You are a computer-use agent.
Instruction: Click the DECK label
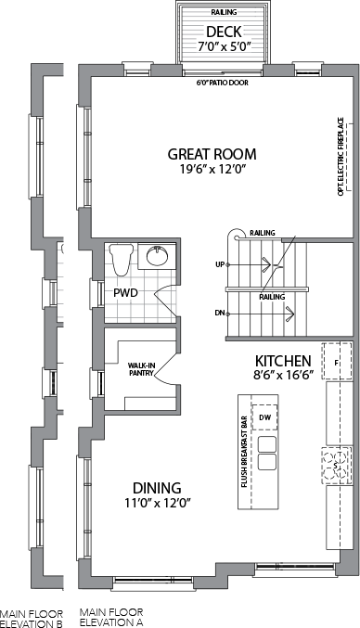(224, 32)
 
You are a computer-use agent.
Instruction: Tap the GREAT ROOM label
(212, 154)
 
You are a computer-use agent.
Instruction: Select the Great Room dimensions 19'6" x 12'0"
(212, 170)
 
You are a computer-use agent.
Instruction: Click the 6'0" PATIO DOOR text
(223, 83)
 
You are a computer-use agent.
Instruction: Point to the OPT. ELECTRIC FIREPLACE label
(341, 156)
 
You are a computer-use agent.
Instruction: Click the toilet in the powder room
(121, 259)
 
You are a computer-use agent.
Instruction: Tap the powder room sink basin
(158, 256)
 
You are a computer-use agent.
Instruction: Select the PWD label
(125, 293)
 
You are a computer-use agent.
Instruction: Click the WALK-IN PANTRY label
(140, 369)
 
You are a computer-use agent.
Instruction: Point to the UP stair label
(220, 264)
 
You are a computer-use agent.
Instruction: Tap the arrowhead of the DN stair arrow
(290, 314)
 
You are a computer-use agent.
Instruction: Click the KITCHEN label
(283, 361)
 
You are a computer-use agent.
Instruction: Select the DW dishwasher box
(264, 417)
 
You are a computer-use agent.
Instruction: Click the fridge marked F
(338, 361)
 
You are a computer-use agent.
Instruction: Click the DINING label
(157, 488)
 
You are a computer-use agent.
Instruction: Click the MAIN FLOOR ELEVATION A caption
(111, 617)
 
